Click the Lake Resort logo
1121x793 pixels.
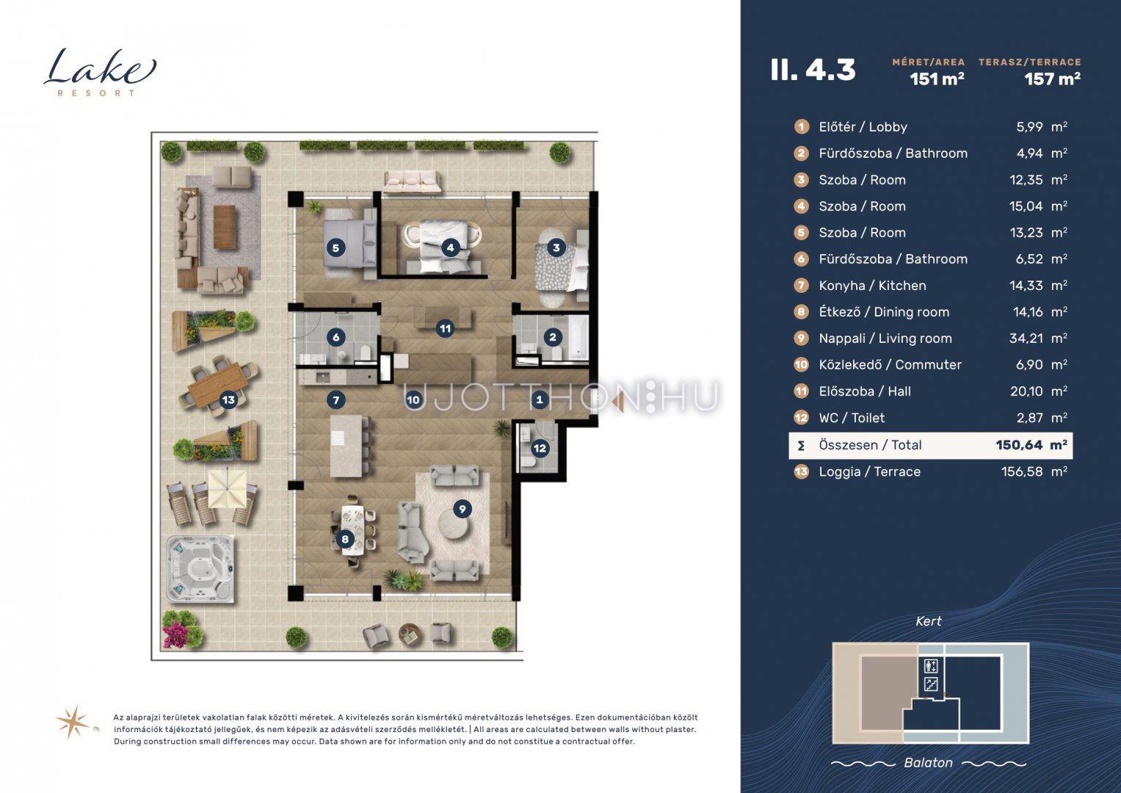click(100, 73)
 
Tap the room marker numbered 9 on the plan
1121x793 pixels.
click(462, 510)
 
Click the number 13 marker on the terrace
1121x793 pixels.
click(228, 399)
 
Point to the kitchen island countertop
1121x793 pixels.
click(345, 446)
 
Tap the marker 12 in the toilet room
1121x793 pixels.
click(540, 448)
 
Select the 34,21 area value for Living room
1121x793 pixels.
click(1026, 338)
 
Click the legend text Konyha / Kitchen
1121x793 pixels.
click(872, 286)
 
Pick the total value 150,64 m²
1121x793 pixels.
click(1031, 445)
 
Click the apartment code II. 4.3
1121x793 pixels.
click(813, 70)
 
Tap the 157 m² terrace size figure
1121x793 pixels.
click(1052, 79)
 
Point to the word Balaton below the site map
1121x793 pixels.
click(929, 763)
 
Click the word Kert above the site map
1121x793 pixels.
click(929, 621)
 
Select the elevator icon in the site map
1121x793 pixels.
click(931, 667)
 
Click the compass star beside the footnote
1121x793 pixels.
click(74, 722)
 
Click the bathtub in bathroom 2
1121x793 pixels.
click(576, 337)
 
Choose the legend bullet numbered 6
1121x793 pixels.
click(801, 258)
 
